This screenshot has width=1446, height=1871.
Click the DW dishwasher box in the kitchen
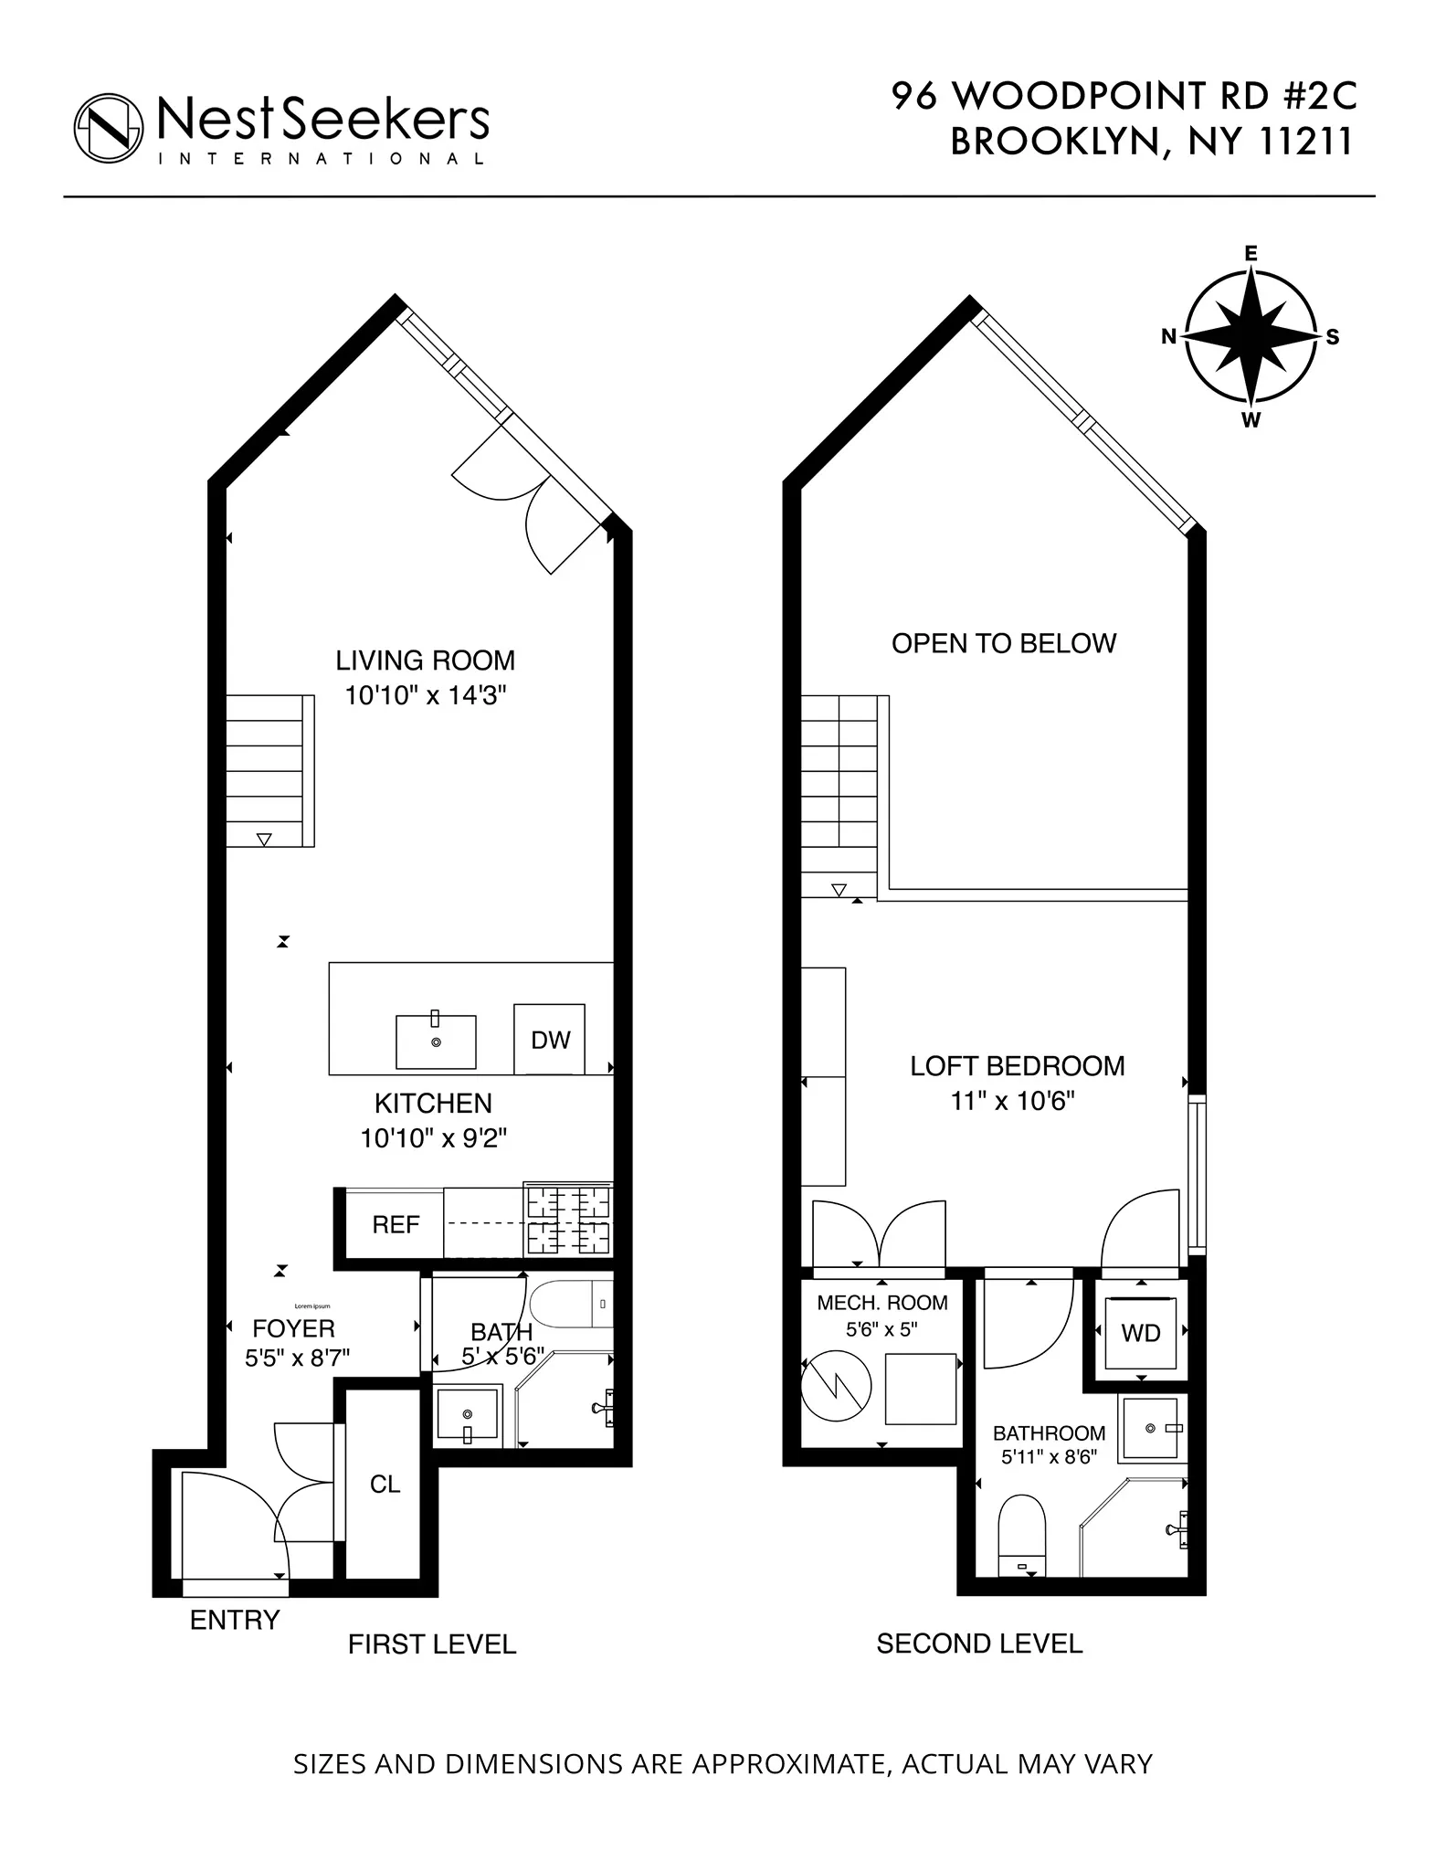[549, 1039]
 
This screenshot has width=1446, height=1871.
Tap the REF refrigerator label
[396, 1224]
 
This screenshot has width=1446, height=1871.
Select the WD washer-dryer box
[1140, 1333]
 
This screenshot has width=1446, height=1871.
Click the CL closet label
[385, 1484]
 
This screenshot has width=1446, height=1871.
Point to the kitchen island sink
[436, 1041]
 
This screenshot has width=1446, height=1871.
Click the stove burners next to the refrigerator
[567, 1220]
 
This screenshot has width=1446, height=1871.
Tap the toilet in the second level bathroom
[1022, 1537]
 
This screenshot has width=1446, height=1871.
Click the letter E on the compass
[1251, 254]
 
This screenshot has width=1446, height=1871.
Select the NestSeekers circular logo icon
[109, 127]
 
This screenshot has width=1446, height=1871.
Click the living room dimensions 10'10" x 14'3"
[425, 695]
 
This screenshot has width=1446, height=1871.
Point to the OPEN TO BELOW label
[1003, 643]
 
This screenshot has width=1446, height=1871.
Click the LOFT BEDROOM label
[1017, 1066]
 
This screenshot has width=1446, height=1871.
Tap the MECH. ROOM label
[881, 1303]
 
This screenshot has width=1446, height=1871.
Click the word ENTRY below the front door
[234, 1620]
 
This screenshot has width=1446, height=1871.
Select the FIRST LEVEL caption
[431, 1644]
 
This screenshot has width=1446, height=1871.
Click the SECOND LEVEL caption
[979, 1644]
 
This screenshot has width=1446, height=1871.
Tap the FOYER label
[293, 1328]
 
